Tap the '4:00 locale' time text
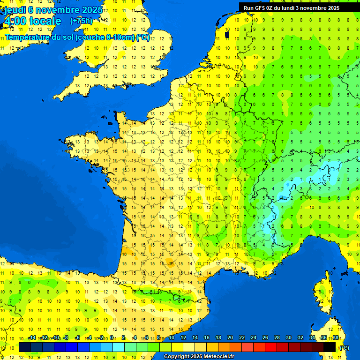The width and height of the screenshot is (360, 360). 32,21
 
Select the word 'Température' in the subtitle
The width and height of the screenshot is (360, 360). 28,37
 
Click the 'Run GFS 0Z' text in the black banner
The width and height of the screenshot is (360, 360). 258,8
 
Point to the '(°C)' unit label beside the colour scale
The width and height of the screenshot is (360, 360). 344,348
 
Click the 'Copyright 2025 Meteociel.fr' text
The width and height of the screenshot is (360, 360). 199,357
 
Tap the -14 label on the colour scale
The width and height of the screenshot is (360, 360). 32,338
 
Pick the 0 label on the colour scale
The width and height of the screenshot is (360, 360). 111,338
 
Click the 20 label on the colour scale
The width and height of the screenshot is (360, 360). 230,338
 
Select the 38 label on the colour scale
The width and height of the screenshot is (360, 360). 335,338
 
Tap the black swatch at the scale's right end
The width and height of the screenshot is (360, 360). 330,347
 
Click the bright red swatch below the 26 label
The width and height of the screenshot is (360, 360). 271,347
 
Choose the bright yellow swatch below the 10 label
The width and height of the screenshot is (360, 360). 177,347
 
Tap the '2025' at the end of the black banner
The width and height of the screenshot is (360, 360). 333,8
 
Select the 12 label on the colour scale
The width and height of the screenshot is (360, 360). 183,338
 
